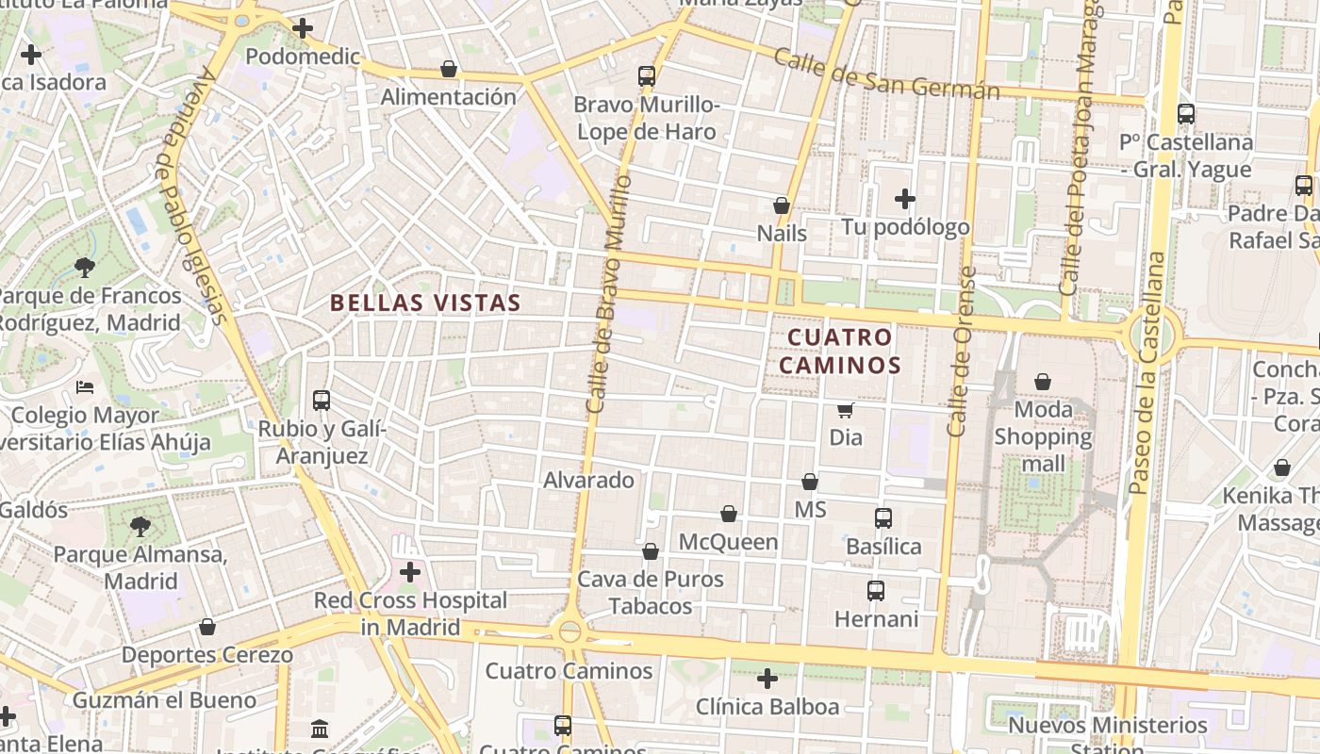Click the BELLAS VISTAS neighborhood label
425,303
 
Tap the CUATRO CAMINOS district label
839,351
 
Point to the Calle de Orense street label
960,352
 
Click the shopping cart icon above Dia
846,410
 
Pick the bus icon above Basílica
883,518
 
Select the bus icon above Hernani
876,591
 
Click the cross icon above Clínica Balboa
767,678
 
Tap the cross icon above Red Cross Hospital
410,572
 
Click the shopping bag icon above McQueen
729,514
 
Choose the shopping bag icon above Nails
782,205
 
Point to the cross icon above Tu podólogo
905,199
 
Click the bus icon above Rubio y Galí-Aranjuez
322,401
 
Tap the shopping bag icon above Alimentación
449,69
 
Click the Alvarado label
589,480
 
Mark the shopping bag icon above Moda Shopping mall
1043,382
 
